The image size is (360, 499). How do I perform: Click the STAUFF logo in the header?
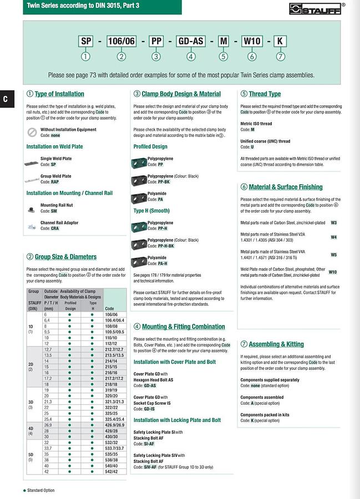click(x=317, y=8)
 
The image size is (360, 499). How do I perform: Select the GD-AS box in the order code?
click(x=190, y=41)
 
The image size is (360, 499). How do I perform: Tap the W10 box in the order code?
click(x=252, y=41)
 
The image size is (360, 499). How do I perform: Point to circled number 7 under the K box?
click(x=281, y=56)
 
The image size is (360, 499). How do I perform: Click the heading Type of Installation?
click(x=59, y=94)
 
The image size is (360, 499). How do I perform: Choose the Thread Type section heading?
click(x=265, y=94)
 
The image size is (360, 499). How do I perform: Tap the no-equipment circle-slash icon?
click(x=32, y=133)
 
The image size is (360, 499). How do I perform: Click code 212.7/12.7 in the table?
click(x=114, y=350)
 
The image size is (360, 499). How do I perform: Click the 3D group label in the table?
click(x=31, y=401)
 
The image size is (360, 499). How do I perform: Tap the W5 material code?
click(x=333, y=254)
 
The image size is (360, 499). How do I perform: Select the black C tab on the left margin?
click(x=5, y=99)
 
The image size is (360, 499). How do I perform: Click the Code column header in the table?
click(x=110, y=309)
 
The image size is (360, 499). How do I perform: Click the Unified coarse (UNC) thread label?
click(x=265, y=141)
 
